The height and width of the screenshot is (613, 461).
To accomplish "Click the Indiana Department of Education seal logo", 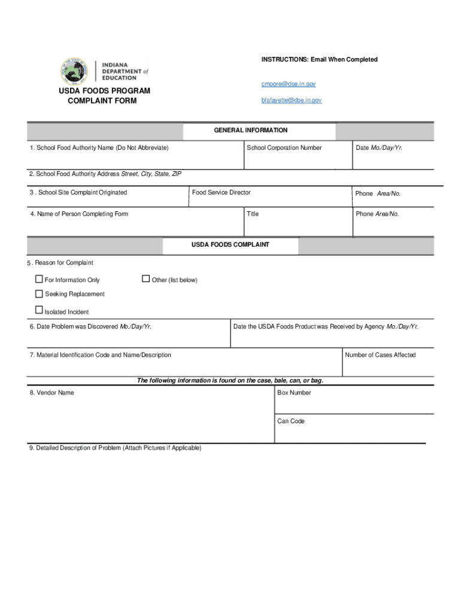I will [x=74, y=71].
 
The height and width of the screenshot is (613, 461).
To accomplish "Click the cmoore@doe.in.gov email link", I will [x=288, y=84].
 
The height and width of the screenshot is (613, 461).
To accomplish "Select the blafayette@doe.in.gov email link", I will [x=291, y=101].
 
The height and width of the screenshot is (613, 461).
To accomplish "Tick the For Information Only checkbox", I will [x=40, y=279].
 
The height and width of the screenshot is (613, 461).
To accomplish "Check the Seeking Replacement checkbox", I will [x=40, y=294].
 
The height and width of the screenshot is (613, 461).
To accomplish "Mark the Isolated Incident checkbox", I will [x=40, y=310].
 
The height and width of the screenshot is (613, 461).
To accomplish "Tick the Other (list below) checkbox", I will [x=145, y=278].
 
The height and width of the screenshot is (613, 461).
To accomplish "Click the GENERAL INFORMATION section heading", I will [x=251, y=131].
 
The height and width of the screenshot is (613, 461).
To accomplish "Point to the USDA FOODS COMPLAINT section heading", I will [x=230, y=245].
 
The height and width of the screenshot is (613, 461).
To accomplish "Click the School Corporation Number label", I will [x=284, y=148].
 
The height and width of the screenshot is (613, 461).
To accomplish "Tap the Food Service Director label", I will [x=221, y=193].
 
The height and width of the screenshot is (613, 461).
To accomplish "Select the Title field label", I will [x=253, y=214].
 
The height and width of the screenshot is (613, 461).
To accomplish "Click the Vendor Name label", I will [x=52, y=393].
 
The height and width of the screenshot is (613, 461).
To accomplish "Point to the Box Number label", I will [x=294, y=393].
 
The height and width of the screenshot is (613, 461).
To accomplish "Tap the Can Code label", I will [x=291, y=421].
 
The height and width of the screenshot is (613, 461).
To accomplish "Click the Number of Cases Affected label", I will [x=380, y=355].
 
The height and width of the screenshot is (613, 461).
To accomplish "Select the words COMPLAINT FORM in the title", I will [x=102, y=101].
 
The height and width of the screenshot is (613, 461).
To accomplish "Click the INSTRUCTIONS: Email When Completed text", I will [x=319, y=60].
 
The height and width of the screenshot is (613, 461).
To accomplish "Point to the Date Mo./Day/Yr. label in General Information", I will [x=378, y=148].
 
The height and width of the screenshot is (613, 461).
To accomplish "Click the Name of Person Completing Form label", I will [x=79, y=214].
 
